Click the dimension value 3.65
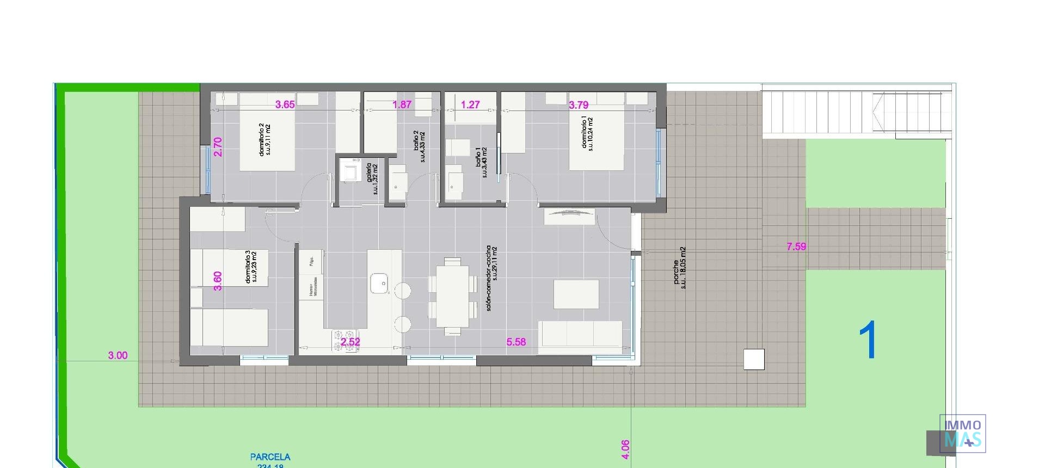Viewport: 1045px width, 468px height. coord(285,104)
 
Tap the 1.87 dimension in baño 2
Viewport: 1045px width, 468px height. coord(402,104)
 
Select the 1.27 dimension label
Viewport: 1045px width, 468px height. coord(470,104)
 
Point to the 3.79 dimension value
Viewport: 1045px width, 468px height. coord(579,104)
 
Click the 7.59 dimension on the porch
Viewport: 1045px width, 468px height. coord(796,247)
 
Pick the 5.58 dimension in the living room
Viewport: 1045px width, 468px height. coord(516,342)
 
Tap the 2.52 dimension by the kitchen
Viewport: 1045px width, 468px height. coord(351,342)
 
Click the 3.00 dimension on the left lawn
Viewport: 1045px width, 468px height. coord(118,355)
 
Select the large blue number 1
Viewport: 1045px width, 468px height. coord(868,340)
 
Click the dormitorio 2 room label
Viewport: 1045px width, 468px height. coord(265,140)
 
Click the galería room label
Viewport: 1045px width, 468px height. coord(372,178)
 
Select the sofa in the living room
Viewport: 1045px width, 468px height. coord(580,336)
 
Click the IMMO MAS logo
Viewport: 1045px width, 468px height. coord(962,434)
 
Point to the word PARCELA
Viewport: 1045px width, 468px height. coord(270,457)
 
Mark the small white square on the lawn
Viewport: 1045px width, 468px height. coord(753,359)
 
